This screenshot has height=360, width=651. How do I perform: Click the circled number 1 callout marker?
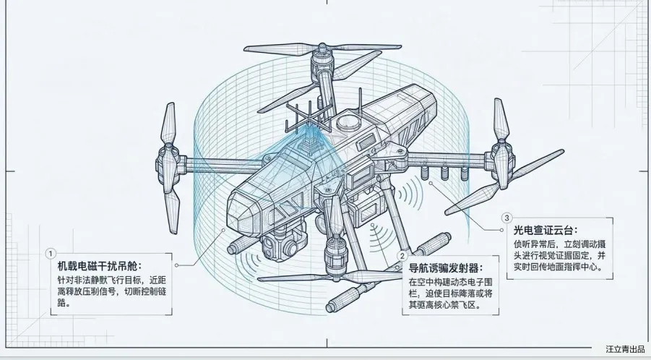pyautogui.click(x=50, y=254)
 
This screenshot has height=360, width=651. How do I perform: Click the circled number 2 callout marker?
pyautogui.click(x=402, y=255)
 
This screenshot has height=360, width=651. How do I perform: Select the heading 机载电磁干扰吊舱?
pyautogui.click(x=100, y=265)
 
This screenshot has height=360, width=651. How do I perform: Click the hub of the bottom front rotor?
pyautogui.click(x=335, y=253)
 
